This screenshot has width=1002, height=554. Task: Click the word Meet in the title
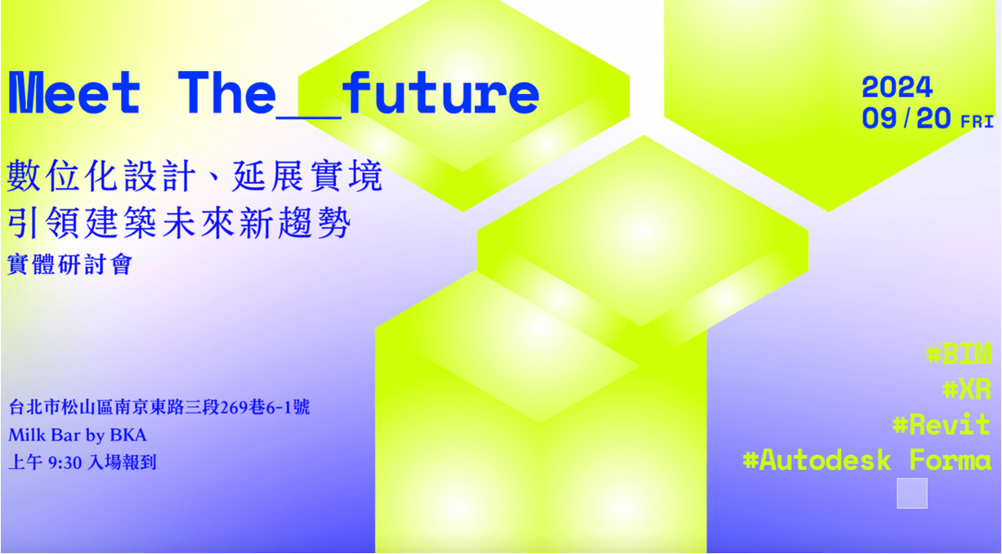74,92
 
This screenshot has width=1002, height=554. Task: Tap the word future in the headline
441,92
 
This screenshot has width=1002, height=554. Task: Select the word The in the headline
226,92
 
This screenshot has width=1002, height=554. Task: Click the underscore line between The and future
309,117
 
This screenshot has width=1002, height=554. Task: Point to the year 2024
897,87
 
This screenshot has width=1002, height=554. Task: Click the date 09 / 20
906,118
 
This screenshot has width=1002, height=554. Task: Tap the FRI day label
977,122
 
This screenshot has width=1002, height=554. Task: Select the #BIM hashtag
959,354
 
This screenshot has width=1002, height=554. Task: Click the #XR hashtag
967,389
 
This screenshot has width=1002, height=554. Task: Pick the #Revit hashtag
942,424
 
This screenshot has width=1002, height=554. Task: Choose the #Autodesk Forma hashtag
867,460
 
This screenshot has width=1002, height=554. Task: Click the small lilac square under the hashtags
912,494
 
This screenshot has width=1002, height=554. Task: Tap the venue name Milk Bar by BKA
78,435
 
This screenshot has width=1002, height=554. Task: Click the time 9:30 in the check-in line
65,463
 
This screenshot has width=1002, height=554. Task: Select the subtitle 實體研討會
69,264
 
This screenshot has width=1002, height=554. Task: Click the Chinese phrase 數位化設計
101,176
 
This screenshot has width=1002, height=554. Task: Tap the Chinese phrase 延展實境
307,176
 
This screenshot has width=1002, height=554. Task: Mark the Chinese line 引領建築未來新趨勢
179,223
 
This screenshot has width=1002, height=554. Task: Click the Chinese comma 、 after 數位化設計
214,182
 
